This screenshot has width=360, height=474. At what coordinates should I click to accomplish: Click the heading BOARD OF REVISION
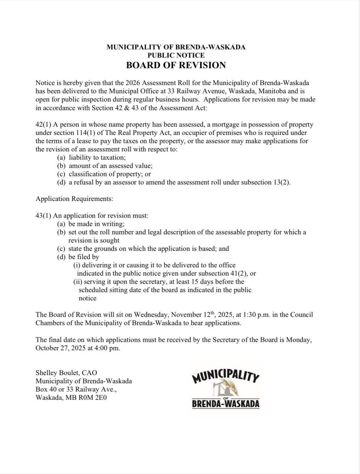[176, 65]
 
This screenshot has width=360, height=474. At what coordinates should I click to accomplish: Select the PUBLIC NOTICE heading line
[176, 55]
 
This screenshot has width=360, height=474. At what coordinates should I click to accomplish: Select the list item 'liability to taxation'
[97, 157]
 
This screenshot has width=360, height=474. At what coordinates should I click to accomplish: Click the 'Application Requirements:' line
[74, 199]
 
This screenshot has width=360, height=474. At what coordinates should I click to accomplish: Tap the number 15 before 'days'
[195, 282]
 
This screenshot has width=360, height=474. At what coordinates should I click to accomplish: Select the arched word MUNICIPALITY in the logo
[226, 375]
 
